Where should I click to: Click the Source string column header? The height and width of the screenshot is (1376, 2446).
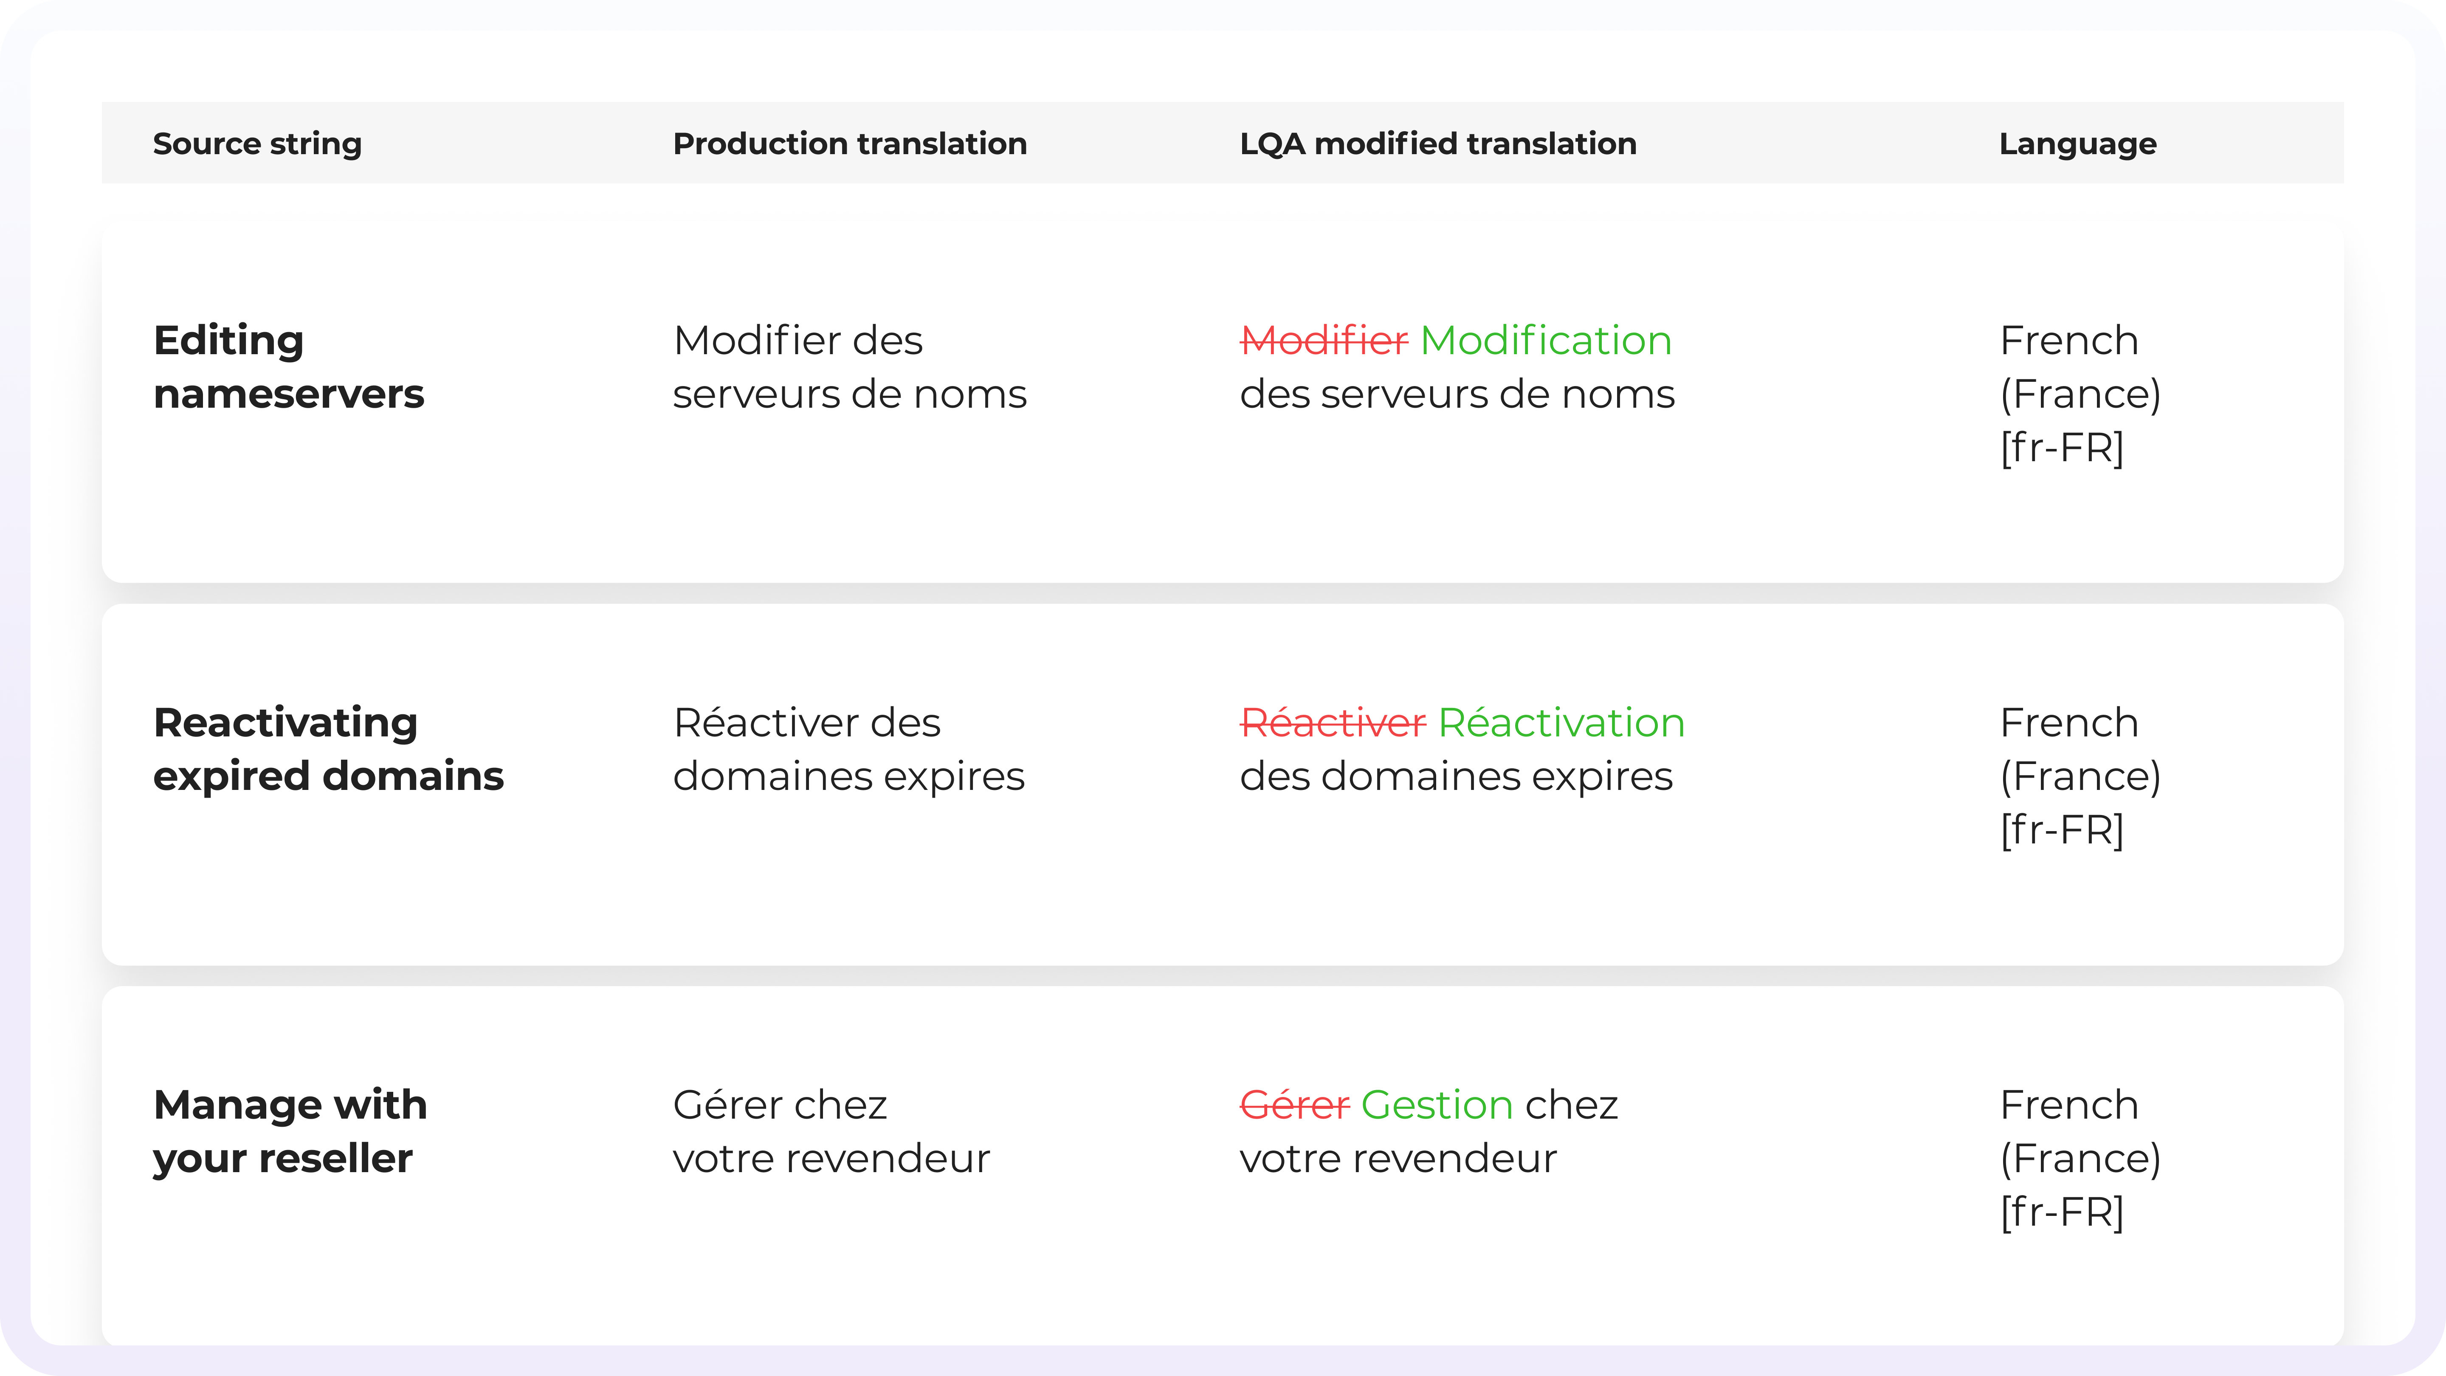[x=257, y=144]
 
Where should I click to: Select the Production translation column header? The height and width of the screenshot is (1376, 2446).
[x=850, y=144]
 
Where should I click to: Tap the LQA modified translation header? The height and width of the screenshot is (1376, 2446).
[x=1437, y=144]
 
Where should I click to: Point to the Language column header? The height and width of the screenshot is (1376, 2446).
[x=2077, y=144]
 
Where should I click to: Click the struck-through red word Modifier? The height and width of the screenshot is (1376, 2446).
[x=1324, y=341]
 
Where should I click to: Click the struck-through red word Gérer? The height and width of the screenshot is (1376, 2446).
[x=1294, y=1105]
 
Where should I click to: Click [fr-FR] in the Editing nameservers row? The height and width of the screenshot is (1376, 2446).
[x=2061, y=448]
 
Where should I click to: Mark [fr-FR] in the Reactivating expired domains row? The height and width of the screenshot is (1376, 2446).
[x=2061, y=830]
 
